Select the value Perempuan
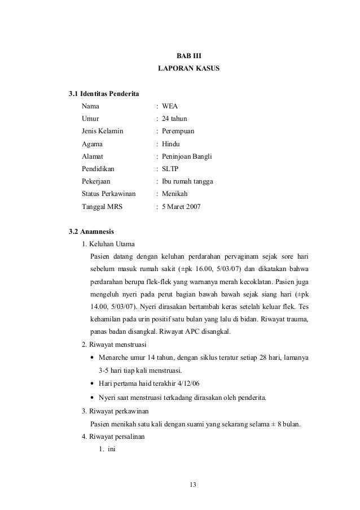(178, 131)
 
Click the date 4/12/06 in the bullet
(187, 384)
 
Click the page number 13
(195, 485)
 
